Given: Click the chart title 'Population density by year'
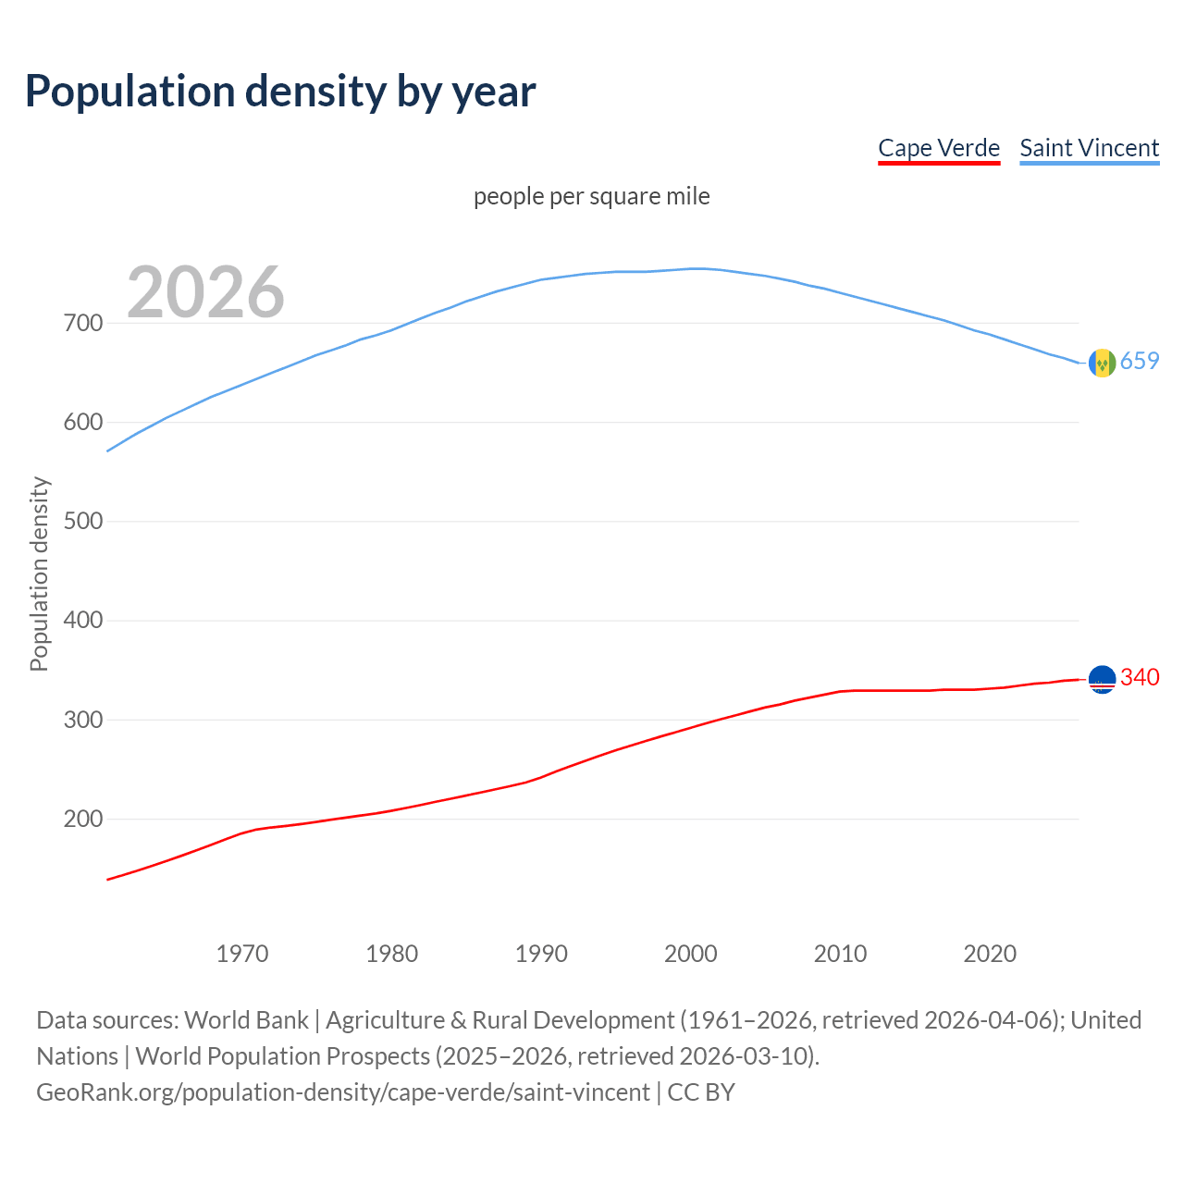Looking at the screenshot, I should click(280, 92).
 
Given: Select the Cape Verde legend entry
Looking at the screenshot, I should click(939, 148).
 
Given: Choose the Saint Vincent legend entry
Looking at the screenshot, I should click(1089, 148).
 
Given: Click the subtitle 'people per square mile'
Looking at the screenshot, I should click(591, 196).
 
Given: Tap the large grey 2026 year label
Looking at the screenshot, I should click(205, 292).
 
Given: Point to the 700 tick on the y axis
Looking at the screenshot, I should click(82, 323).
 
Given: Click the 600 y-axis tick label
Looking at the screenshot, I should click(82, 422).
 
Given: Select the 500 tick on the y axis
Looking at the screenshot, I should click(82, 521).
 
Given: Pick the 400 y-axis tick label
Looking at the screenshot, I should click(82, 620).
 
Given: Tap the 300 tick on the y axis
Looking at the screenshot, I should click(82, 720).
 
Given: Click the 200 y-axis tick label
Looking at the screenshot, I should click(82, 819).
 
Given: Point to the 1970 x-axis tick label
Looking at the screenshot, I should click(242, 954).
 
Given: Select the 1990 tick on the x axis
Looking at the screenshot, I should click(541, 954).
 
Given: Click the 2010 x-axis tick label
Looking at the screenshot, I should click(840, 954).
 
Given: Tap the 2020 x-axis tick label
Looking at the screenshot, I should click(990, 954).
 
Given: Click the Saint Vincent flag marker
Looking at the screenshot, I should click(1102, 364).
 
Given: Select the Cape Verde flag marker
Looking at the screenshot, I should click(1102, 680).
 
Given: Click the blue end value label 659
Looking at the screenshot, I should click(1140, 361).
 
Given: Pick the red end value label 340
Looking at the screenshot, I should click(1140, 677).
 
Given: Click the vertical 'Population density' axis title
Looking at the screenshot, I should click(39, 573).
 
